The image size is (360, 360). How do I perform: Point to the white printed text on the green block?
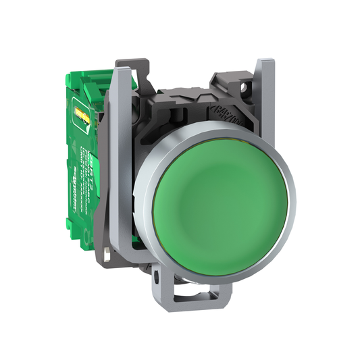(x=84, y=162)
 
